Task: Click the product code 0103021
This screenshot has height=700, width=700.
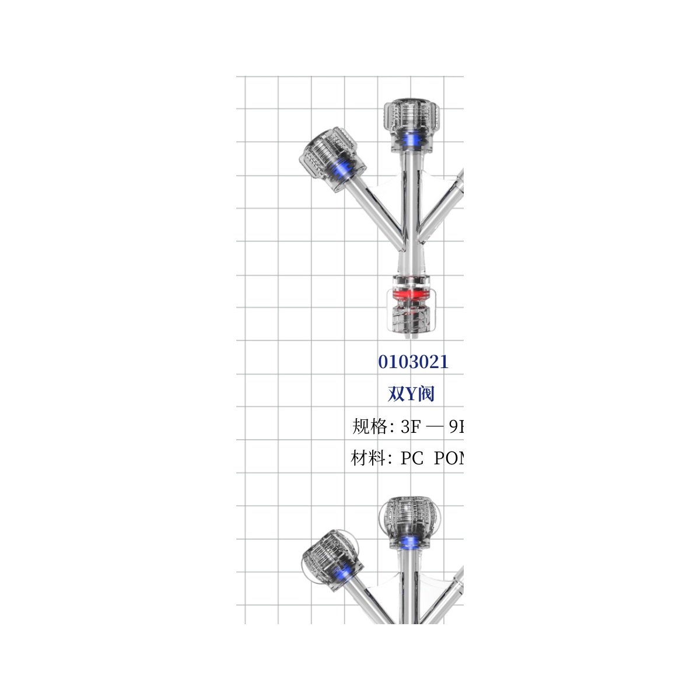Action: point(413,362)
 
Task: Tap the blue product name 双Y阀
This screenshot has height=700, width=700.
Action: point(411,394)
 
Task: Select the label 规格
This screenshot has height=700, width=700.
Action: point(370,427)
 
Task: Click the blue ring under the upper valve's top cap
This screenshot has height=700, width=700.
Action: point(411,141)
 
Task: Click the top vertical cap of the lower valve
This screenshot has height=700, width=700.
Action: point(411,516)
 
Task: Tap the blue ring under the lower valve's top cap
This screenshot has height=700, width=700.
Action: point(411,542)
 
